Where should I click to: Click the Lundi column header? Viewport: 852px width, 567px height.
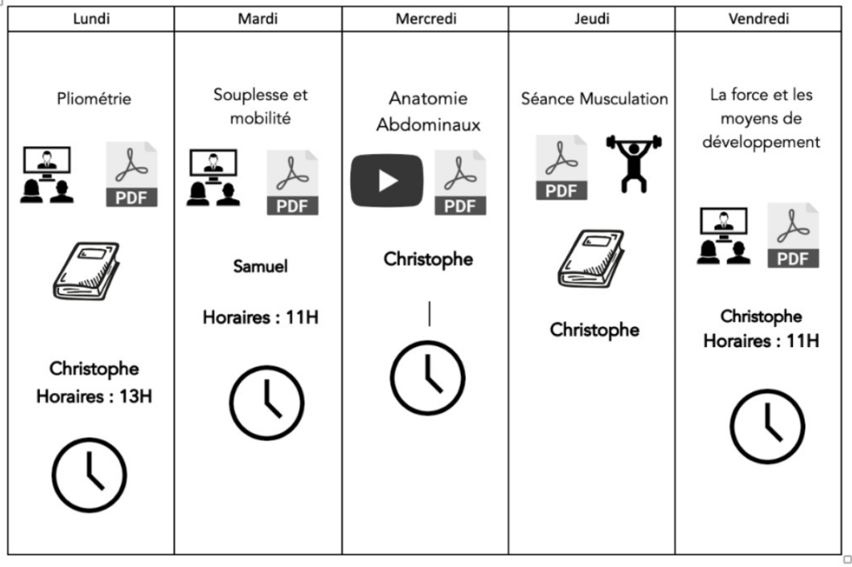point(92,19)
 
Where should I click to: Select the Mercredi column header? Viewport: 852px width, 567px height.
point(425,19)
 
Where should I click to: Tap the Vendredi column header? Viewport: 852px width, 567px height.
point(758,19)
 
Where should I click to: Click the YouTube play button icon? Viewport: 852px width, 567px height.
point(386,180)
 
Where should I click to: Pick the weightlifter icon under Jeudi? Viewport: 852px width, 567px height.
point(634,163)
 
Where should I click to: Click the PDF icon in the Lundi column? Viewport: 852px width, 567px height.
point(131,174)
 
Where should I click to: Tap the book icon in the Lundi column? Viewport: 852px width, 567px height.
point(86,270)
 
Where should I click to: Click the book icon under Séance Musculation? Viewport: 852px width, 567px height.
point(590,258)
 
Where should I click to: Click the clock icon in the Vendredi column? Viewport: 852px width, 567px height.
point(767,426)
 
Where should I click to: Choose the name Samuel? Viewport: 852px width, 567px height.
point(260,267)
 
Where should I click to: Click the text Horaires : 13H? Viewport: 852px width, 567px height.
point(94,396)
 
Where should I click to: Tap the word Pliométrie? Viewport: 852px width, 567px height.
point(94,99)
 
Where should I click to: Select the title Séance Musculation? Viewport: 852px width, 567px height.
point(594,99)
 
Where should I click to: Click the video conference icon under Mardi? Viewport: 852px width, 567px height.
point(213,177)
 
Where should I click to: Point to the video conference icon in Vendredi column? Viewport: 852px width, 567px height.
point(723,236)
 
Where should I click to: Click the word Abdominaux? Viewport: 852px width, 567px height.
point(428,126)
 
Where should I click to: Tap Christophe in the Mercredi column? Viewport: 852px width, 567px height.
point(428,259)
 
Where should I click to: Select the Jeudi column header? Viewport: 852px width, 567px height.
point(592,19)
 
